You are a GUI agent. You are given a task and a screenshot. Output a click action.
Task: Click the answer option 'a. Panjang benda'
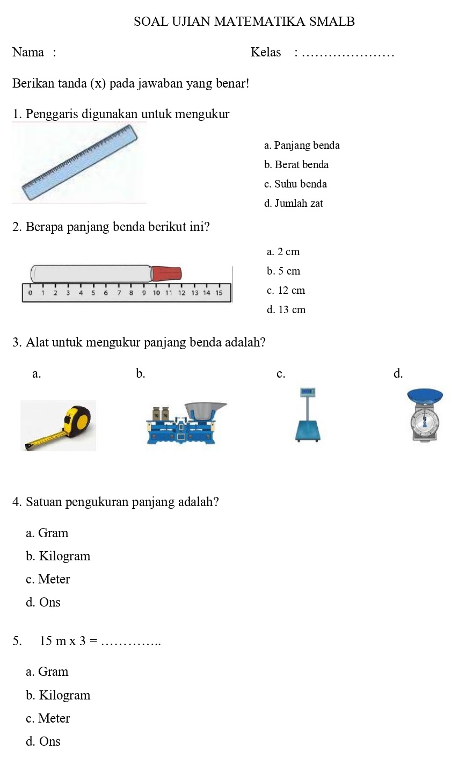302,145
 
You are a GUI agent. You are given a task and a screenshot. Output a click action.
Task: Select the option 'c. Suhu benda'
295,184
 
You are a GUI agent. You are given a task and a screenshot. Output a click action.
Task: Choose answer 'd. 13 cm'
286,309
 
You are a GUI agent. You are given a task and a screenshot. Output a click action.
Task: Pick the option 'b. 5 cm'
283,271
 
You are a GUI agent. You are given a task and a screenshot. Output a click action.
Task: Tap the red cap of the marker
166,273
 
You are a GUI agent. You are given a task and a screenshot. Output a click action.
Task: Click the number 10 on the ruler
156,293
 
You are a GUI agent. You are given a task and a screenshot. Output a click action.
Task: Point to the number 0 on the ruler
30,293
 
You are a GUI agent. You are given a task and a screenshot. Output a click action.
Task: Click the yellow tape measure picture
58,425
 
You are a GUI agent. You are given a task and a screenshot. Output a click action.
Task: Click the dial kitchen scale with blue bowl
425,415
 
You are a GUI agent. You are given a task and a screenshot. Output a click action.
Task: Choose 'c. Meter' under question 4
48,579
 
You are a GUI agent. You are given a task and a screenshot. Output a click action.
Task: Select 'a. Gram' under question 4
47,533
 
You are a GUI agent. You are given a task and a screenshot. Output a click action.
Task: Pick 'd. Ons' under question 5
43,741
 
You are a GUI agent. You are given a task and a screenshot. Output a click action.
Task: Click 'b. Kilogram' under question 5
58,695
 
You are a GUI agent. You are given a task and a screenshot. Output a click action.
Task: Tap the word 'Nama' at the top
28,52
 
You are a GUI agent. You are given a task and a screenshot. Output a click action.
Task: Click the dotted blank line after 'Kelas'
348,53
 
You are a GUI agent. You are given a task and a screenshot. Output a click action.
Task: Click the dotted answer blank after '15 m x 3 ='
130,641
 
